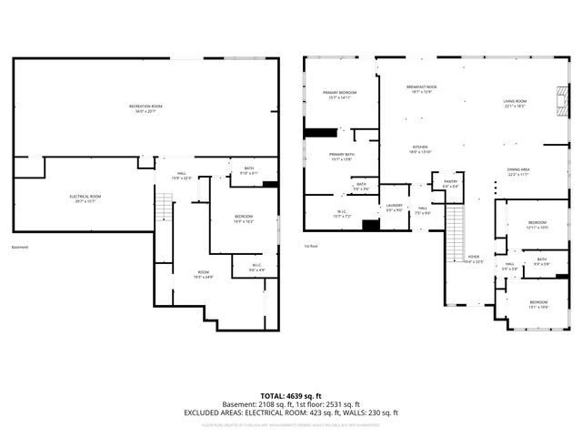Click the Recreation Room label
(x=145, y=108)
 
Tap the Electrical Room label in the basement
(x=85, y=198)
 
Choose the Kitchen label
(x=420, y=149)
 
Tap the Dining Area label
(x=519, y=171)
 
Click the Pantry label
(x=451, y=184)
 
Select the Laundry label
(x=394, y=208)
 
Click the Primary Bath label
(x=342, y=157)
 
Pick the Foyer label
(x=474, y=259)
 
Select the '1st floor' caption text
(x=312, y=246)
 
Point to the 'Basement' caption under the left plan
(x=20, y=248)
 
